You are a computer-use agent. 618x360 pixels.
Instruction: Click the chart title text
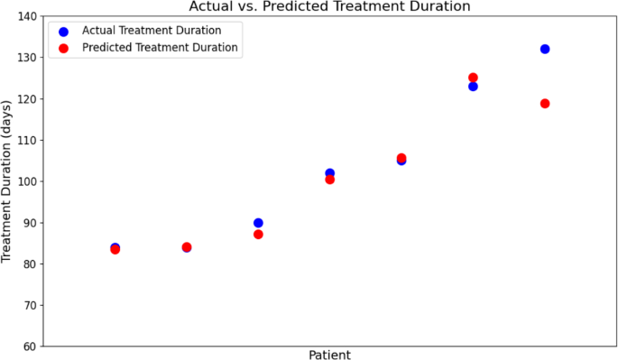(x=329, y=6)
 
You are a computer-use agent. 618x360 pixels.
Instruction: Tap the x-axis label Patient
(x=329, y=354)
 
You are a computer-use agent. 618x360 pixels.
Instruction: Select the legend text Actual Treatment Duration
(x=152, y=30)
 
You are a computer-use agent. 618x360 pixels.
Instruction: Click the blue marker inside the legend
(x=63, y=31)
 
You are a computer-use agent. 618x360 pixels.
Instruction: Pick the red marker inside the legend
(x=63, y=48)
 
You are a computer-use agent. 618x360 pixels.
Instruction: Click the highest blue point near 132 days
(x=545, y=49)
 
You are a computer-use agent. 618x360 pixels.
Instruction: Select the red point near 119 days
(x=545, y=104)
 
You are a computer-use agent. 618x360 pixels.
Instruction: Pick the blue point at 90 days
(x=258, y=222)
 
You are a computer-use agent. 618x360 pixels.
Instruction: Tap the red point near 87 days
(x=258, y=235)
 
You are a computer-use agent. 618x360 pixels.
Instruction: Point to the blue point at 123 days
(x=473, y=87)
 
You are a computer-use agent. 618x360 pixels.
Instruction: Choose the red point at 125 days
(x=473, y=78)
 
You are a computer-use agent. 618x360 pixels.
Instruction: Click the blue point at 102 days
(x=329, y=172)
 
